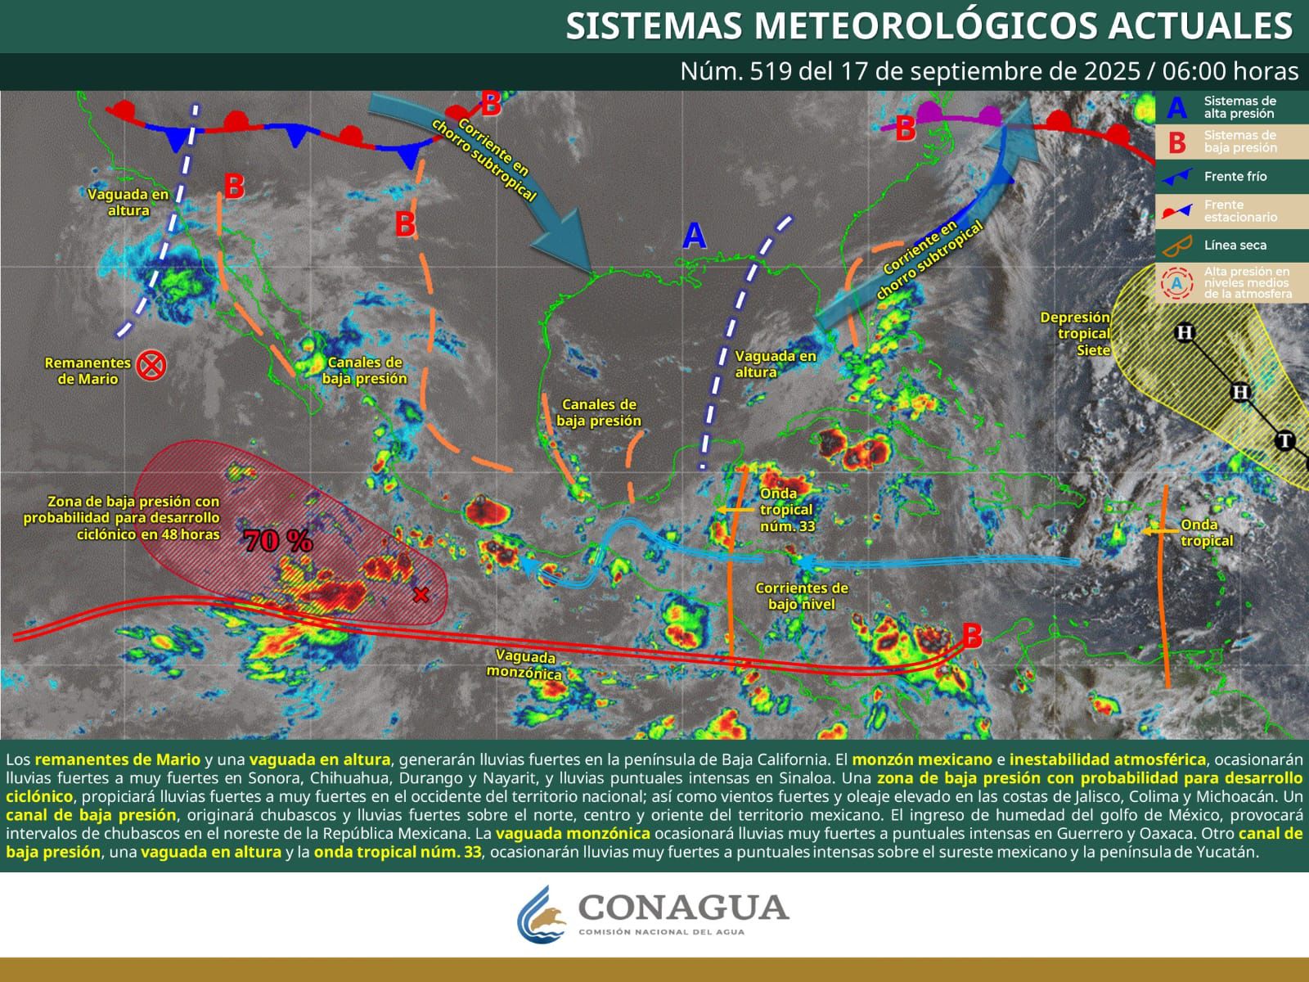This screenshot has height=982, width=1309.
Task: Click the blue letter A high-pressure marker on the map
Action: click(x=694, y=236)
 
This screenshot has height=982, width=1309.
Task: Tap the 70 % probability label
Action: click(x=277, y=541)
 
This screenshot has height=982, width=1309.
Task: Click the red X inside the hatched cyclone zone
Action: click(x=421, y=595)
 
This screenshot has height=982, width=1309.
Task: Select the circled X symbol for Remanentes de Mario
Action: click(x=151, y=365)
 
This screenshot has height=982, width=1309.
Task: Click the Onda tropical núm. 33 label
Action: click(x=786, y=509)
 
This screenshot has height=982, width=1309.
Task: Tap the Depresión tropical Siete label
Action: click(x=1075, y=334)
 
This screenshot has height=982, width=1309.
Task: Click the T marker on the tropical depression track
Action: click(x=1285, y=442)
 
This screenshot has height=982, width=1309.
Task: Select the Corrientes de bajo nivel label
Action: click(x=801, y=596)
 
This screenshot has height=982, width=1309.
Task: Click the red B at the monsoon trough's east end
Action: click(x=971, y=636)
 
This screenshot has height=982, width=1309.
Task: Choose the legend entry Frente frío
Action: click(x=1235, y=176)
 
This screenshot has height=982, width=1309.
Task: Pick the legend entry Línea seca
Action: click(x=1235, y=245)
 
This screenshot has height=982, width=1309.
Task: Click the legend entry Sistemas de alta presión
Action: click(x=1239, y=107)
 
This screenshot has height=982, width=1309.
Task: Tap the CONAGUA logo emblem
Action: click(x=542, y=913)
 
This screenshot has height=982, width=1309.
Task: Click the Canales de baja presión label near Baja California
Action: click(x=365, y=370)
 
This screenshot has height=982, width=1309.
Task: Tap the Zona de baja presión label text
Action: click(x=123, y=517)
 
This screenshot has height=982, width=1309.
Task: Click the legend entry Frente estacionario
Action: click(x=1239, y=211)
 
